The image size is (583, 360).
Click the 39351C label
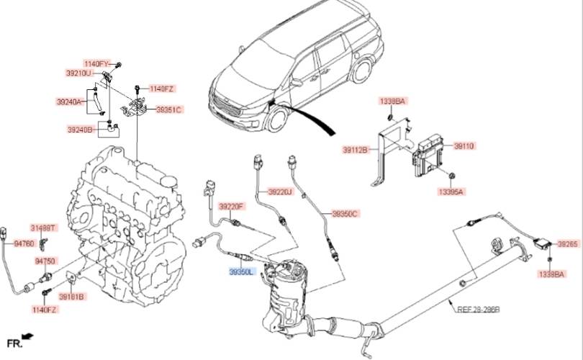169,109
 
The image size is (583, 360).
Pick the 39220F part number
232,206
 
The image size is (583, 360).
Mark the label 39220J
281,192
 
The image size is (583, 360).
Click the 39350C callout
345,214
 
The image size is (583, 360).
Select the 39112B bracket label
356,150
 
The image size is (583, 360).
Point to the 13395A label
451,192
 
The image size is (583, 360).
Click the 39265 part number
569,245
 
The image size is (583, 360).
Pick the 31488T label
42,228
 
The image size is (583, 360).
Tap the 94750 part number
45,261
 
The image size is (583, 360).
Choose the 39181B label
71,297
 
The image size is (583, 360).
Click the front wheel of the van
274,120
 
